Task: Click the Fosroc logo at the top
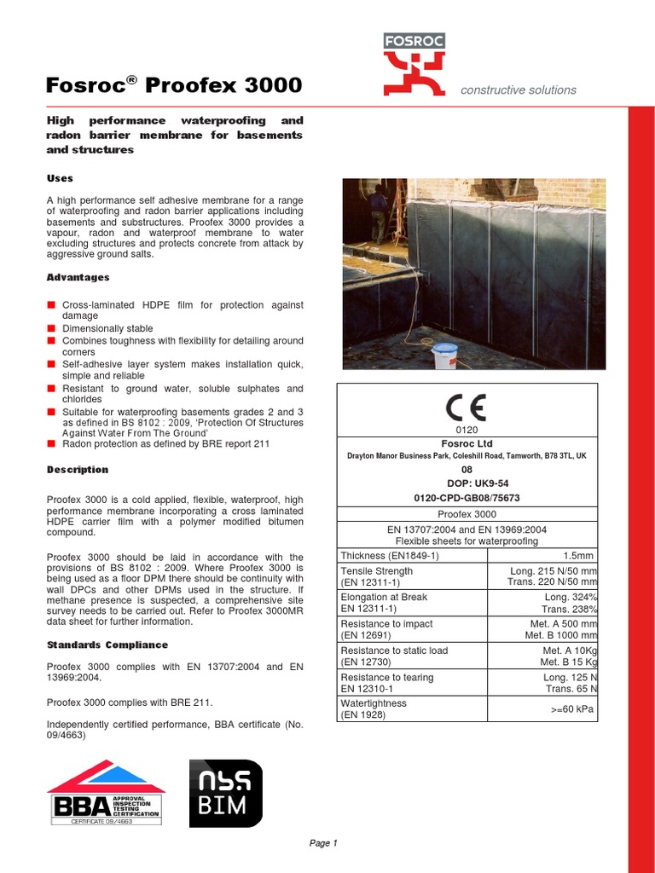(414, 64)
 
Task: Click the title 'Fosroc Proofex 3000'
(173, 85)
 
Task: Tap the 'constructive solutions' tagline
(518, 90)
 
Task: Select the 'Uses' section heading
(60, 178)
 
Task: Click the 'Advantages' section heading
(78, 277)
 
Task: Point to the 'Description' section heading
(78, 470)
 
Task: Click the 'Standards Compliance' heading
(107, 645)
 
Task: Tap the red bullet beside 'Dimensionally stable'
(51, 328)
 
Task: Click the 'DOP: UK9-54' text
(467, 483)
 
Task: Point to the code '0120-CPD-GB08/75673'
(467, 497)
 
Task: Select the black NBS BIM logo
(226, 793)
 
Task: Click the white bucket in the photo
(444, 355)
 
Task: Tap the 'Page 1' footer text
(323, 843)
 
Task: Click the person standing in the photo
(377, 213)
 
